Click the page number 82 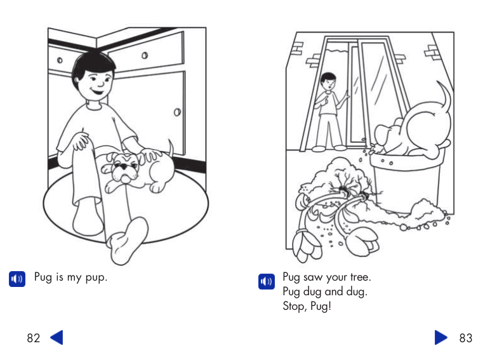[x=33, y=338]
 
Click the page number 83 [x=466, y=338]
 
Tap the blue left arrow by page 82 [x=56, y=337]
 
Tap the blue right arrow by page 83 [x=441, y=337]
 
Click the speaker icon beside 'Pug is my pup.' [x=17, y=279]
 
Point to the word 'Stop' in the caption [x=295, y=307]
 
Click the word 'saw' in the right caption [x=314, y=277]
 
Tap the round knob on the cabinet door [x=177, y=112]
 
